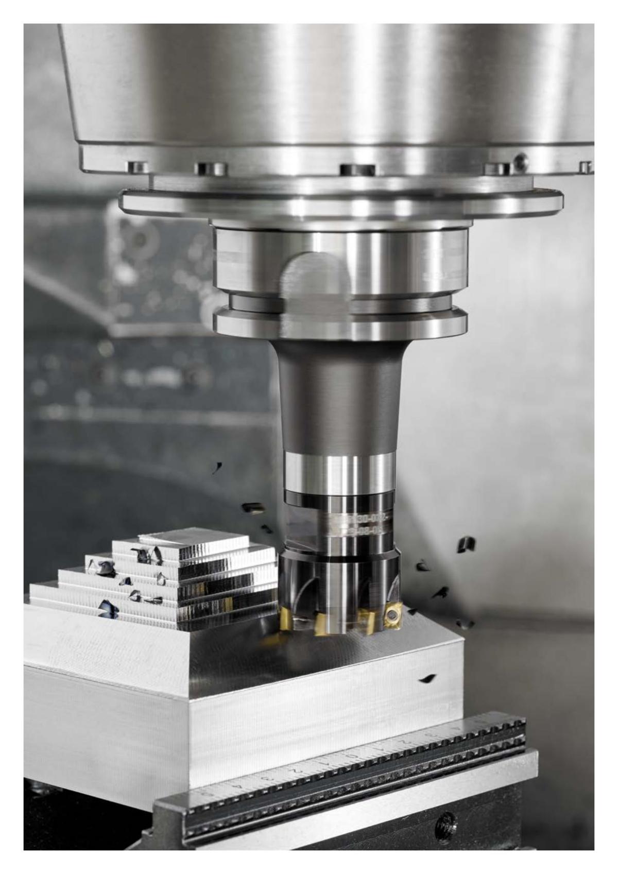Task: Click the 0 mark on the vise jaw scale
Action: [x=352, y=757]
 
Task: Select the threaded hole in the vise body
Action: [x=444, y=825]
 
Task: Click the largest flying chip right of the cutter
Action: [x=466, y=544]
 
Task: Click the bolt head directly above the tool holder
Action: [x=356, y=169]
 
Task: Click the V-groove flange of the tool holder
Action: [x=340, y=314]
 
